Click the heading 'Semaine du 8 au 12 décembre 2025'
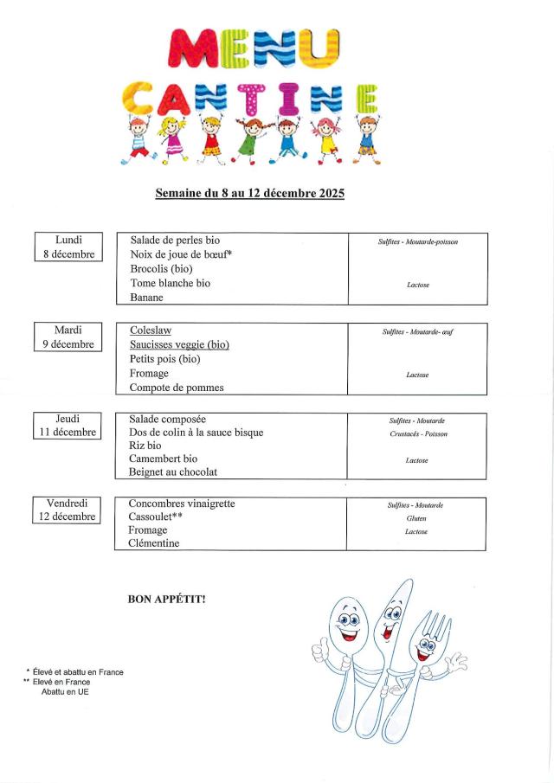(249, 193)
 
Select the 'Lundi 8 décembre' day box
(68, 247)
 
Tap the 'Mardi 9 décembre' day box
(68, 337)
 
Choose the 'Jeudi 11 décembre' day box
(68, 426)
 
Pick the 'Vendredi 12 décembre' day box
(68, 510)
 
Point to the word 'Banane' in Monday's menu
(147, 297)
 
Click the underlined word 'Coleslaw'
(151, 331)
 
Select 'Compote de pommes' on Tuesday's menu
(177, 388)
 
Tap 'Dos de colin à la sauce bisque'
(196, 433)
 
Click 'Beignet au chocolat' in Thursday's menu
(173, 472)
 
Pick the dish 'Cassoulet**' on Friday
(155, 517)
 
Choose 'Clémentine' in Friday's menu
(154, 543)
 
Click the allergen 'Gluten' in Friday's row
(416, 518)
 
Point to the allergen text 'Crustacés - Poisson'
(418, 434)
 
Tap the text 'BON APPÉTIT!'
(166, 598)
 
